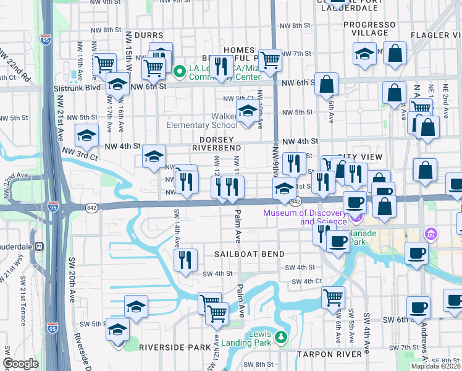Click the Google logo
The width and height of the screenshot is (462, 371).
tap(21, 364)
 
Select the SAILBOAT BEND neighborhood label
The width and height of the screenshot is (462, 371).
tap(249, 254)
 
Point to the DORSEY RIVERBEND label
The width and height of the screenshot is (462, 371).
tap(216, 144)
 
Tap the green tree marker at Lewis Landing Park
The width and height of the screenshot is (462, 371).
tap(281, 337)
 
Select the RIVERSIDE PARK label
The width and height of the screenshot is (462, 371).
tap(175, 348)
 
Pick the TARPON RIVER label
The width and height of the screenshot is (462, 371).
tap(329, 354)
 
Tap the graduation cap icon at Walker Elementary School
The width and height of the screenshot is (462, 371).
tap(248, 112)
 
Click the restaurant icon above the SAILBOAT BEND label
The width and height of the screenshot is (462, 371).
tap(185, 260)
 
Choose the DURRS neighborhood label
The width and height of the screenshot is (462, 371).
tap(140, 36)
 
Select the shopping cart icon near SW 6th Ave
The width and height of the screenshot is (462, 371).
tap(334, 297)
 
